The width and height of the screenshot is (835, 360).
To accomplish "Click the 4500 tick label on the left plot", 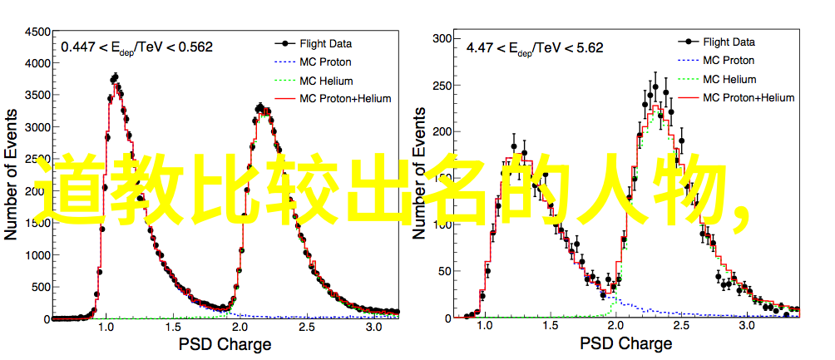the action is click(x=37, y=32).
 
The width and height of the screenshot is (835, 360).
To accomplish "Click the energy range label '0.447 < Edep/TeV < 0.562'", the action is click(x=137, y=48).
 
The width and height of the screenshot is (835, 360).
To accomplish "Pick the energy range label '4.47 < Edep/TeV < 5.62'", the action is click(x=535, y=48).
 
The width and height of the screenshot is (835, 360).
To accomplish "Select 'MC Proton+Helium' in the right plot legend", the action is click(x=749, y=97).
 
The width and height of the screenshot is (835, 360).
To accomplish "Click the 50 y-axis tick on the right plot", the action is click(x=445, y=271).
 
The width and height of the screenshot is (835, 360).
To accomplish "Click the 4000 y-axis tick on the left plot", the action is click(x=37, y=63).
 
